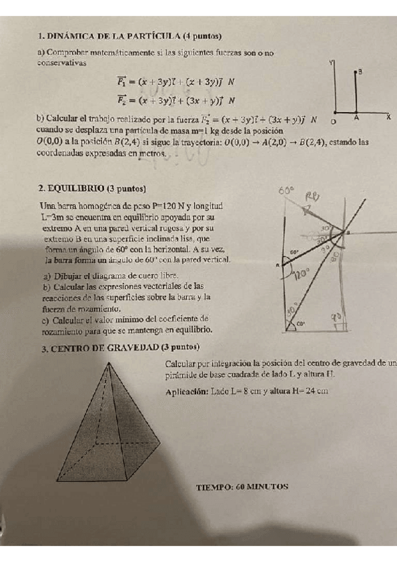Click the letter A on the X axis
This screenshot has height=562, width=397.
click(x=356, y=118)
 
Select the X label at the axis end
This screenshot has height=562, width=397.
click(x=388, y=117)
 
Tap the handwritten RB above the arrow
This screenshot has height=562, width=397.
click(x=312, y=196)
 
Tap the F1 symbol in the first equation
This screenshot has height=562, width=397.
click(x=122, y=83)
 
